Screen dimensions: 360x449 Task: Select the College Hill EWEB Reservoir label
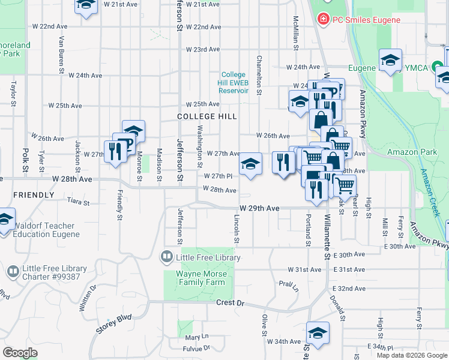tap(234, 82)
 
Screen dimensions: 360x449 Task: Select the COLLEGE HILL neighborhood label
tap(207, 116)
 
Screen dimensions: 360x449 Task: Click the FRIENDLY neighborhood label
tap(34, 195)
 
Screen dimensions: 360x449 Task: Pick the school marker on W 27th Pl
tap(250, 163)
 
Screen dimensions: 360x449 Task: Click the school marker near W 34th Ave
tap(318, 333)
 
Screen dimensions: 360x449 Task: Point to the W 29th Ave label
tap(259, 208)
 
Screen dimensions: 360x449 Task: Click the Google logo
tap(20, 353)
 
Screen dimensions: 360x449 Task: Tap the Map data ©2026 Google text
tap(412, 355)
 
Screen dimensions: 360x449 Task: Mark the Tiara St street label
tap(79, 201)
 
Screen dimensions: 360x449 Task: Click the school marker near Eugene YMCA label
tap(391, 60)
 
